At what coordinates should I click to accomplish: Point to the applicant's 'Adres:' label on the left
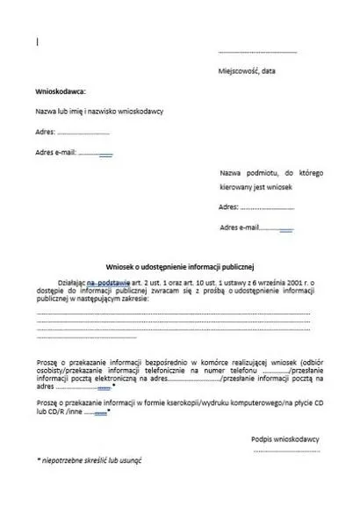[45, 132]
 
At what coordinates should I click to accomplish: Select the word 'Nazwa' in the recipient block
[230, 173]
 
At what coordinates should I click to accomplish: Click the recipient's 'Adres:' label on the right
[228, 208]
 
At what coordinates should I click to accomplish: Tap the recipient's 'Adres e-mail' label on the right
[240, 227]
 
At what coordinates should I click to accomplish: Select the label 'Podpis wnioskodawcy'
[284, 437]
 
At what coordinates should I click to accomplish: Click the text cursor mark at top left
[37, 40]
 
